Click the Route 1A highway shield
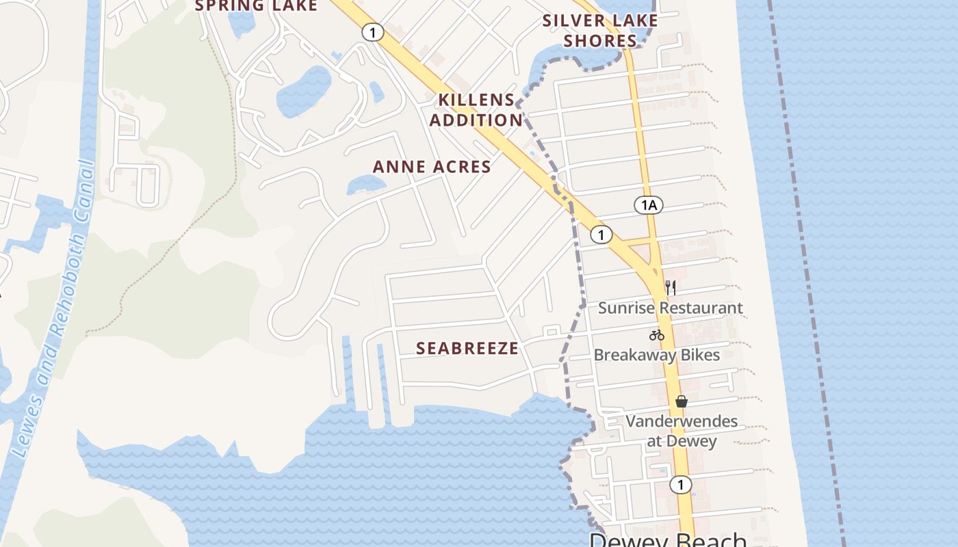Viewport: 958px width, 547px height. [x=649, y=204]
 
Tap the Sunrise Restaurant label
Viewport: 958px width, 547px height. [x=670, y=308]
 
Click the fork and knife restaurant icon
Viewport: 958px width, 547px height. [x=671, y=288]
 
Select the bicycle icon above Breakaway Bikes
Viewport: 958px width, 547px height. [x=657, y=335]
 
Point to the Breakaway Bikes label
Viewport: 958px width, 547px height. [x=656, y=355]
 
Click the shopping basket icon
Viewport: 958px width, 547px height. [x=682, y=401]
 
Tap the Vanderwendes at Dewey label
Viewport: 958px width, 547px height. [x=682, y=431]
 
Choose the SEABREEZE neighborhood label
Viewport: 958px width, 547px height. [x=467, y=348]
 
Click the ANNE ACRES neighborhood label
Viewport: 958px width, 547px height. [x=432, y=167]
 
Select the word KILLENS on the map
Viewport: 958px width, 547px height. [x=476, y=100]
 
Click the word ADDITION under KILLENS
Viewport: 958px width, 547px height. [x=476, y=120]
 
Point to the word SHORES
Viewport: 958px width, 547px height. [x=600, y=41]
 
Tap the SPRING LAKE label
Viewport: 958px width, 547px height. [x=257, y=6]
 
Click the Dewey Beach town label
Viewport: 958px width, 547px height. [x=667, y=540]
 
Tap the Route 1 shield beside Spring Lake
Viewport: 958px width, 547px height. [x=372, y=32]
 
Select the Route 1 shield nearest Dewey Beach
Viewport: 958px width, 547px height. [x=680, y=485]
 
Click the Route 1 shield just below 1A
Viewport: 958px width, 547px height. [x=601, y=235]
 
